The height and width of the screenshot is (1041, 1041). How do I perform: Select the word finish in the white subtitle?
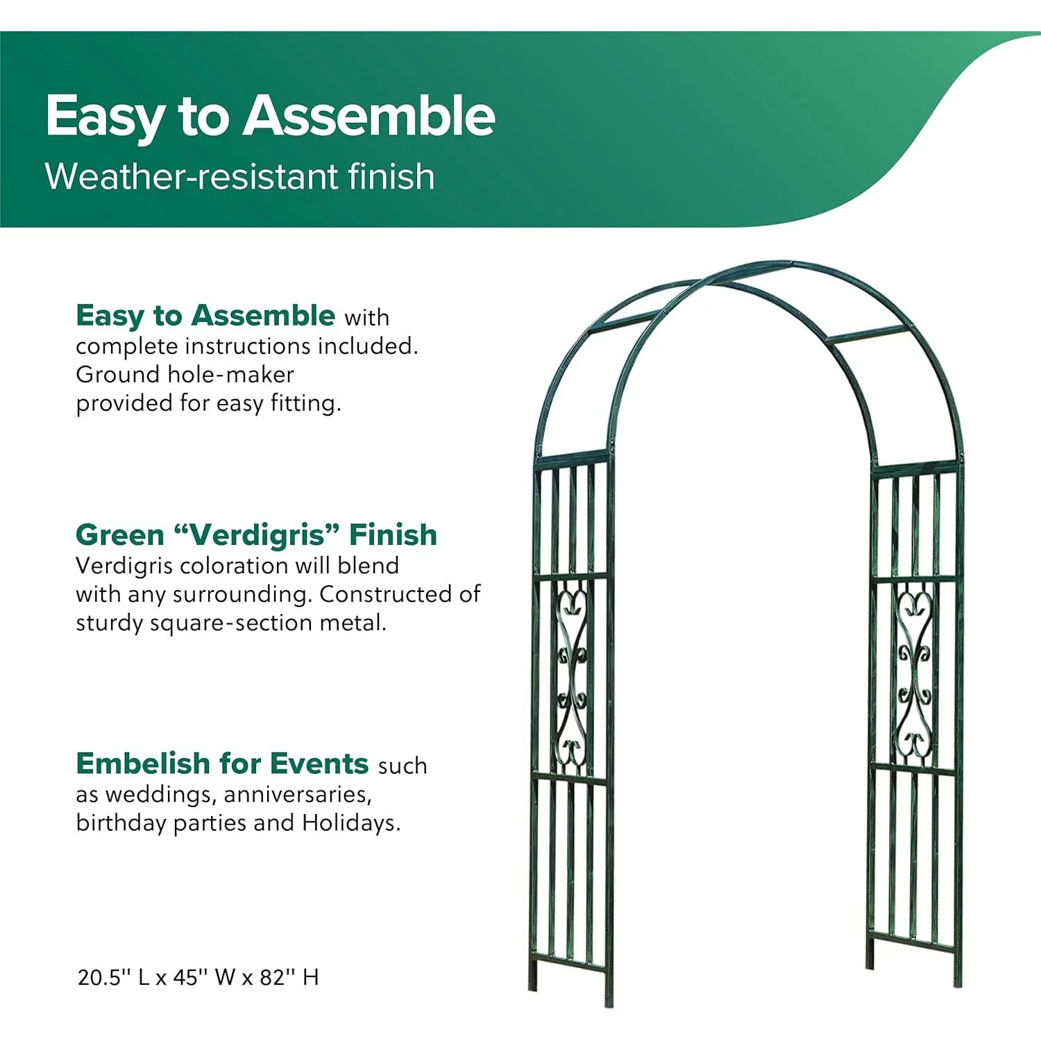[x=391, y=176]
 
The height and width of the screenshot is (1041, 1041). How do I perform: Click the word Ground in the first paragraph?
[x=118, y=375]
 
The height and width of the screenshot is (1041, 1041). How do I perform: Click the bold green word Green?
[x=120, y=535]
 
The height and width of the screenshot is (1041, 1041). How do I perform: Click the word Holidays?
[x=351, y=823]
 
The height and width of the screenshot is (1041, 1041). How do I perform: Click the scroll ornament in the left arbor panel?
[x=573, y=677]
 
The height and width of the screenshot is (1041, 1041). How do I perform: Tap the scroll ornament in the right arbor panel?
[x=914, y=673]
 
